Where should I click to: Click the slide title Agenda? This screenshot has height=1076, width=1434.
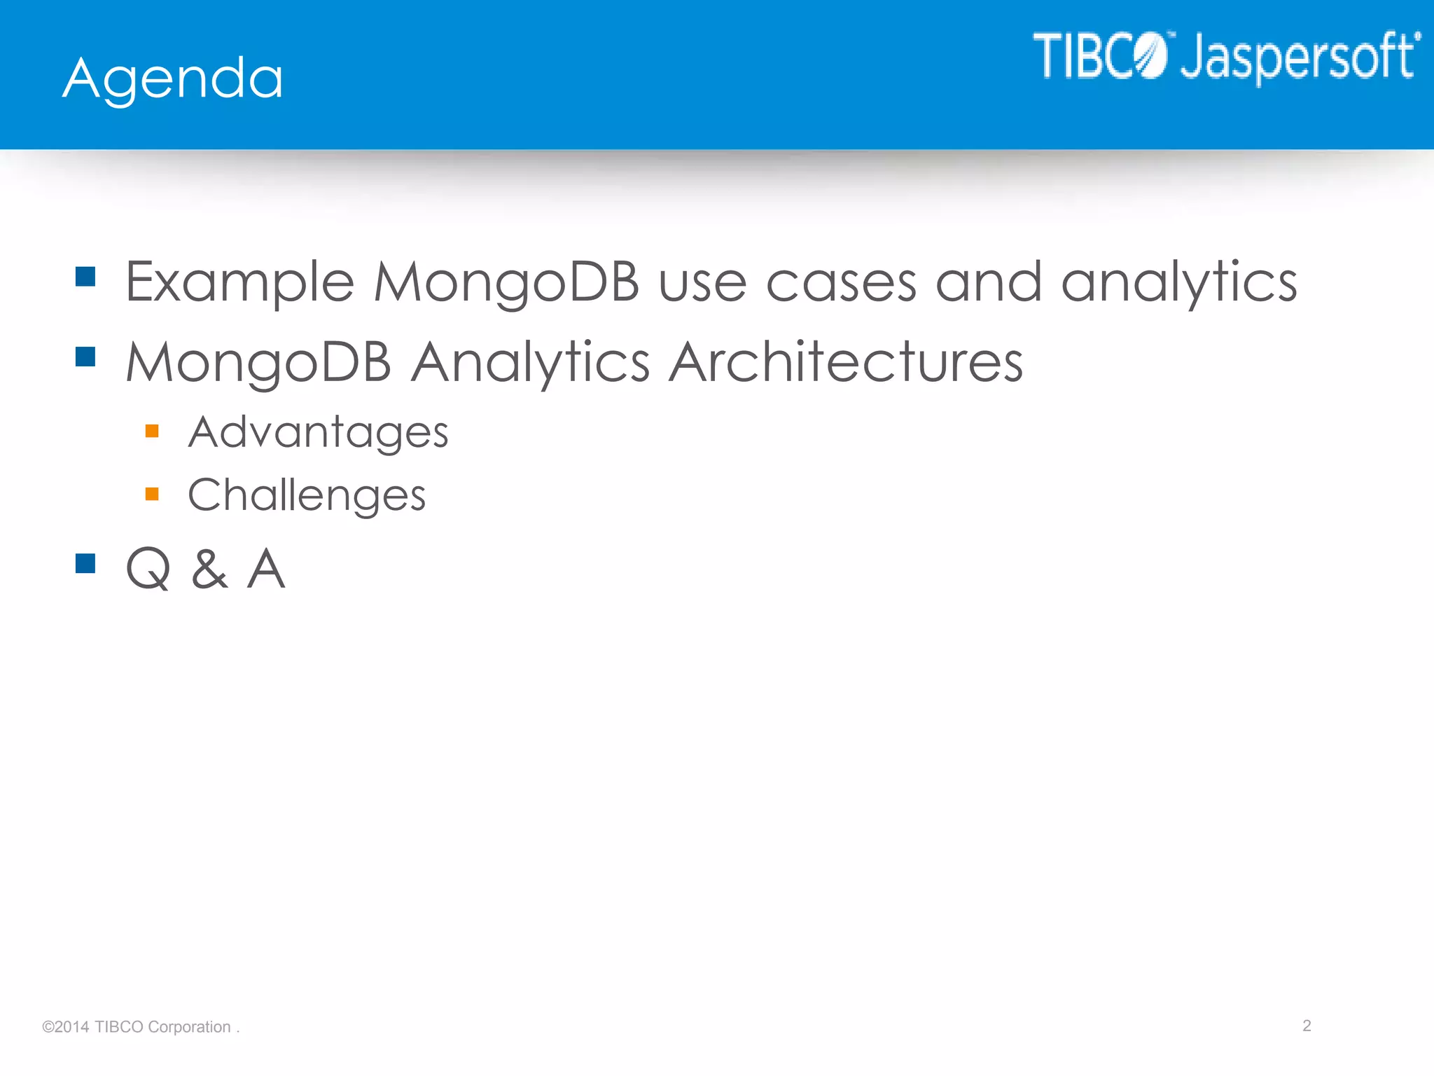(173, 78)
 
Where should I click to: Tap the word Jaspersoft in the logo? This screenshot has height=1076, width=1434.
(1300, 57)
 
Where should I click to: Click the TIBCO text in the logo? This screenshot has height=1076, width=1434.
(1099, 55)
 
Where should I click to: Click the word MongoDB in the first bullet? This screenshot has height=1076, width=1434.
(506, 282)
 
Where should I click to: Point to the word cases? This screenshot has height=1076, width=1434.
(841, 283)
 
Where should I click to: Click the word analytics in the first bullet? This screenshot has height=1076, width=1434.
(1179, 282)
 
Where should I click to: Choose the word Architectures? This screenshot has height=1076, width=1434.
(846, 362)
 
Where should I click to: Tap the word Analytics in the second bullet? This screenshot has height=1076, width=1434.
(530, 362)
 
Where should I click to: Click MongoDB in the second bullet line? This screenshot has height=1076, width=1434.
(258, 362)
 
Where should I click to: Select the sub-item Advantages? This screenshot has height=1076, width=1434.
(318, 432)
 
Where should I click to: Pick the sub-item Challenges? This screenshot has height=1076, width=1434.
(307, 495)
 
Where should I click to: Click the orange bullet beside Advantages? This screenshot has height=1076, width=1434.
(152, 431)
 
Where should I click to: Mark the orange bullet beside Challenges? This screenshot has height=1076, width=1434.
(152, 494)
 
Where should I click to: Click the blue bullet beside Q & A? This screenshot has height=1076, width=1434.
(85, 563)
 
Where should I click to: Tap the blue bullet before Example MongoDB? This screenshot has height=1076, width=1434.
(85, 277)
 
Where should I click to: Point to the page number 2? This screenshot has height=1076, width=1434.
(1307, 1026)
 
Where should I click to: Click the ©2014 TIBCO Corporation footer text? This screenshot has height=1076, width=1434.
(140, 1027)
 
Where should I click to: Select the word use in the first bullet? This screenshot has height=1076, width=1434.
(702, 283)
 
